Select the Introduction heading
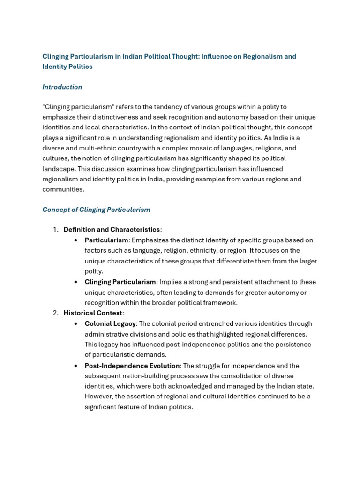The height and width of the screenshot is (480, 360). click(62, 87)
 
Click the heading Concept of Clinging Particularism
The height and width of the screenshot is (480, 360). click(96, 210)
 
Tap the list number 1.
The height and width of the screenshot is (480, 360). click(55, 230)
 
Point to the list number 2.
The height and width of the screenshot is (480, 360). click(55, 313)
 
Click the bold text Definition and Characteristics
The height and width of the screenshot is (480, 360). click(112, 230)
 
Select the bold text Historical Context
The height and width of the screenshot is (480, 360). click(93, 313)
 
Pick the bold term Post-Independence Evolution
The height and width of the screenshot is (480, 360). click(132, 366)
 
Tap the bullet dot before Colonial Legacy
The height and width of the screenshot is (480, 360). click(76, 324)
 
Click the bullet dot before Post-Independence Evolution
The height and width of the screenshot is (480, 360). click(76, 366)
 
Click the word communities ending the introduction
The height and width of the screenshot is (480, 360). click(63, 189)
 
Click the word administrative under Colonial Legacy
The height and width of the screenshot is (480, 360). click(106, 334)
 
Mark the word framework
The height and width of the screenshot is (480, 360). click(220, 303)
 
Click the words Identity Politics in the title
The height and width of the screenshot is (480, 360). click(67, 67)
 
